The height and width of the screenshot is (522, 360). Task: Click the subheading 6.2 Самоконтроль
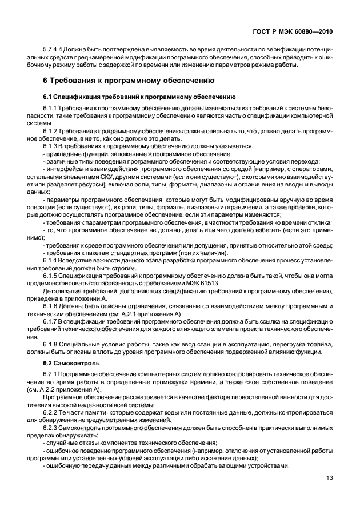pyautogui.click(x=71, y=363)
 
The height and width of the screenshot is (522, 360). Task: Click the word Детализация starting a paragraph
pyautogui.click(x=61, y=290)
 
